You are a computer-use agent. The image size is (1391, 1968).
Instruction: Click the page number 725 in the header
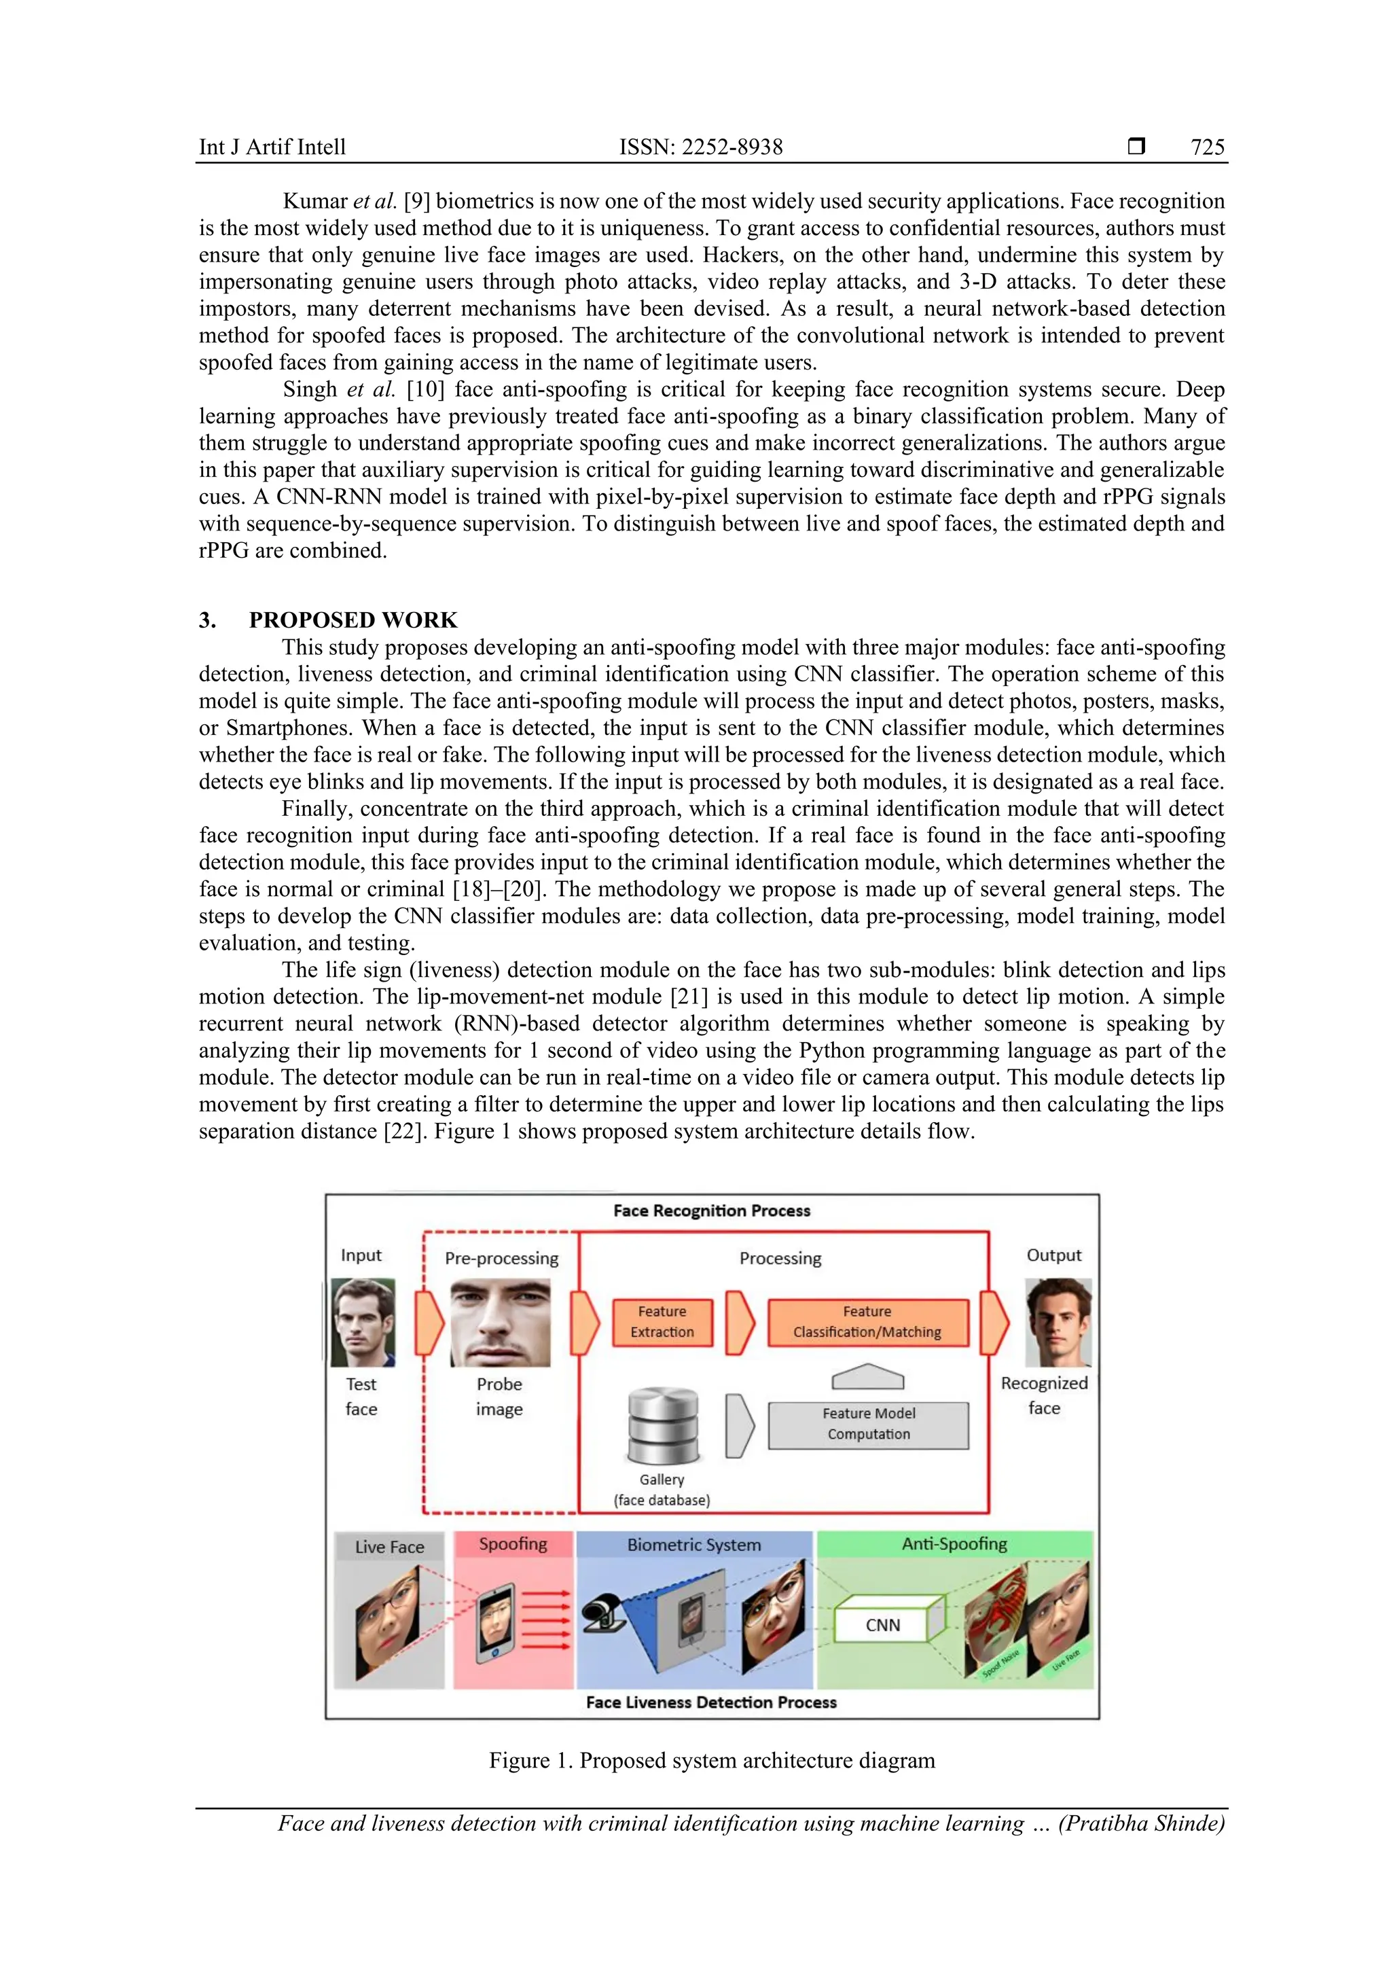(1207, 147)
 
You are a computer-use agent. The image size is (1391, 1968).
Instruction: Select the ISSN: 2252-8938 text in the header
(700, 147)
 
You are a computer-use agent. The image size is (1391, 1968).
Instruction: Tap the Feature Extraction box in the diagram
(662, 1322)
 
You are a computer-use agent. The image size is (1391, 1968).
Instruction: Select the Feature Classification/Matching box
(867, 1322)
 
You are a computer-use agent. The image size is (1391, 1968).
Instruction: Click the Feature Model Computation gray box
(868, 1424)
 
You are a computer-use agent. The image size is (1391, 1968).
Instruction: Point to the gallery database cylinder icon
(662, 1427)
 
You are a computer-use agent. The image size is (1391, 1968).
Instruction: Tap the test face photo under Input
(363, 1323)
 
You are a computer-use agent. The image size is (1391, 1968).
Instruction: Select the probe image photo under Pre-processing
(501, 1323)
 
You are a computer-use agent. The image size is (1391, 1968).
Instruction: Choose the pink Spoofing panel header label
(513, 1543)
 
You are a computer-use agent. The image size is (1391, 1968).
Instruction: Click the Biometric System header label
(693, 1545)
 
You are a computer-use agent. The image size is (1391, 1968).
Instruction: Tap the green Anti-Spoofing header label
(954, 1543)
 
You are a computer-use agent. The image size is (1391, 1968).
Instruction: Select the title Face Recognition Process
(711, 1211)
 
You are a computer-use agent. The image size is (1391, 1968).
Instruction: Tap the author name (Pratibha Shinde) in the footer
(1141, 1823)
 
